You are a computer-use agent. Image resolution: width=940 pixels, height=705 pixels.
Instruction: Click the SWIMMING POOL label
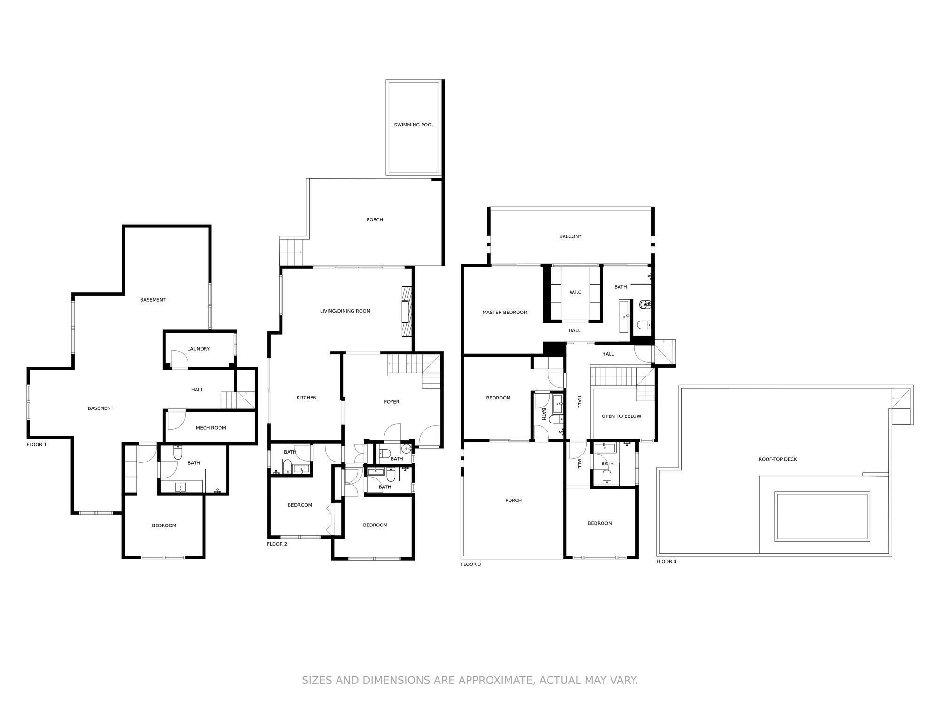414,125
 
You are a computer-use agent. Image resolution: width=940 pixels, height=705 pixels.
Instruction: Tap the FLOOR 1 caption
37,444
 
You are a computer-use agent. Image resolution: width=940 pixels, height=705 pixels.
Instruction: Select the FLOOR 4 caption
666,561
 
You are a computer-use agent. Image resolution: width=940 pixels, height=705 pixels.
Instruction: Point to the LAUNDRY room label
198,349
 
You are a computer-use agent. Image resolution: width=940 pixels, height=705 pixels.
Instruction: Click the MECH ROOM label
211,428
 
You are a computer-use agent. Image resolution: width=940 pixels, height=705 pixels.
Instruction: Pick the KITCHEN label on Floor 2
306,398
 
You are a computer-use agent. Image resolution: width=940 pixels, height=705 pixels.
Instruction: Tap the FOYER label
392,402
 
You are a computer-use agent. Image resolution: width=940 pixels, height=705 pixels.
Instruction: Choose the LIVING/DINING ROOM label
345,311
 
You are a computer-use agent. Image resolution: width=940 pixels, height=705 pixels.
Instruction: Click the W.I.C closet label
575,292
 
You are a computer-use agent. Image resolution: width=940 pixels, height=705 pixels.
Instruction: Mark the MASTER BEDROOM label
505,312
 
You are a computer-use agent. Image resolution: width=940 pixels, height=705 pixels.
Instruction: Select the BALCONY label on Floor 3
570,236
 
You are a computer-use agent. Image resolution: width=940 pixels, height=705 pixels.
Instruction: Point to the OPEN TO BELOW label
621,416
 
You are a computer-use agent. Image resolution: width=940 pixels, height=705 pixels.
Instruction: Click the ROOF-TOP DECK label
777,459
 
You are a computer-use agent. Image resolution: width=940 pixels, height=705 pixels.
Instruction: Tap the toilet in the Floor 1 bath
178,453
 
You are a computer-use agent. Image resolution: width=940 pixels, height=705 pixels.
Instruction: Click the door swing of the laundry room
179,359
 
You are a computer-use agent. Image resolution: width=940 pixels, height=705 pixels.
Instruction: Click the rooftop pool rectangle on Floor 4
822,516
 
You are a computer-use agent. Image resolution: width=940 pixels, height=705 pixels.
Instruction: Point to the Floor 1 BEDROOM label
164,525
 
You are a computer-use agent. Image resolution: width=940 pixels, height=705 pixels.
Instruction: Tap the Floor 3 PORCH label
513,500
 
